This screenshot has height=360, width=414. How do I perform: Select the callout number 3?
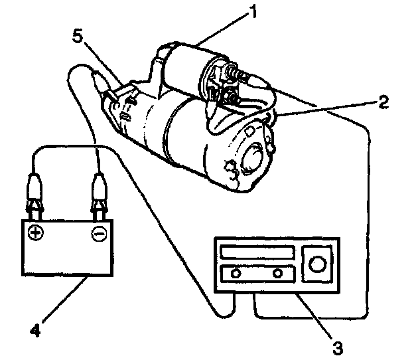(x=337, y=346)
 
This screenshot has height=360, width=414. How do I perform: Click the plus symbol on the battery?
(x=36, y=233)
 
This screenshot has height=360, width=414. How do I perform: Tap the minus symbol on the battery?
(x=98, y=234)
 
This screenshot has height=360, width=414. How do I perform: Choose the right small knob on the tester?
(x=277, y=273)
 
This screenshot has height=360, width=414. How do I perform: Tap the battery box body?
(x=66, y=249)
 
